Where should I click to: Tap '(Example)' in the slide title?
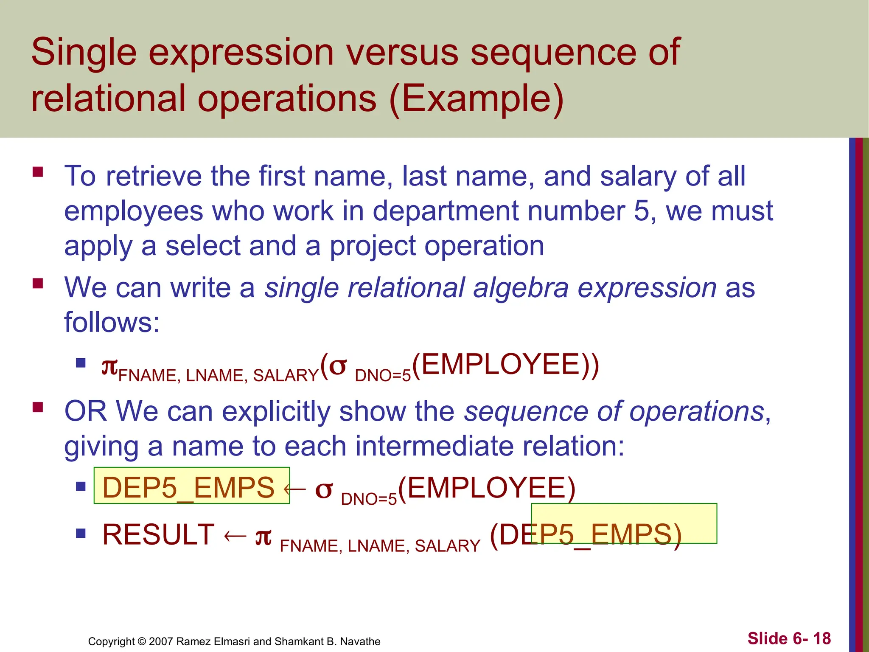click(476, 98)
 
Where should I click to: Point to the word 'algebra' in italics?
click(521, 288)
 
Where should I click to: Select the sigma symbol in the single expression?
click(338, 365)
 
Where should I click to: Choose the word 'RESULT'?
click(158, 534)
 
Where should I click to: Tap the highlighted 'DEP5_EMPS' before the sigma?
click(188, 487)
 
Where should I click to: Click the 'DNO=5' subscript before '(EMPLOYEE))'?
click(383, 376)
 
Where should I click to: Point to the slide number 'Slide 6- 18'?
click(789, 638)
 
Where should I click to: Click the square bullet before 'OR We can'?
click(38, 407)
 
